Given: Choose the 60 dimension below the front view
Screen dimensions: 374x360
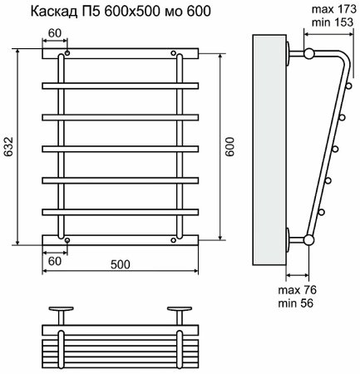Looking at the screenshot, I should pyautogui.click(x=52, y=261).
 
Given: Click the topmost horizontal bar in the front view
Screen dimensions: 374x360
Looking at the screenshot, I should pyautogui.click(x=120, y=53).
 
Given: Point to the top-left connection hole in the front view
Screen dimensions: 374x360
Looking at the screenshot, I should pyautogui.click(x=67, y=53).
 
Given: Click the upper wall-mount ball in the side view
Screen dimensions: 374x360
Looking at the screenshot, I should pyautogui.click(x=308, y=54).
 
